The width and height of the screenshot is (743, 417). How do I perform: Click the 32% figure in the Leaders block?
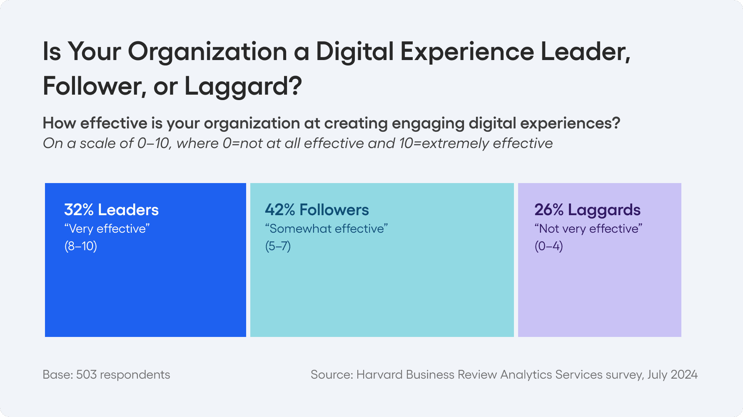(79, 210)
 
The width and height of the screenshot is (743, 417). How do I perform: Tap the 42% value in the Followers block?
(280, 210)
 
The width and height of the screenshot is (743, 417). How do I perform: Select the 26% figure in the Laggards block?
(549, 210)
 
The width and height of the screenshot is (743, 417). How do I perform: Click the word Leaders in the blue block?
(128, 210)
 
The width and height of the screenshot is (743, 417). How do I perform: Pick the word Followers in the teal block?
(334, 210)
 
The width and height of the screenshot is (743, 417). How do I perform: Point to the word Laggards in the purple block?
(604, 210)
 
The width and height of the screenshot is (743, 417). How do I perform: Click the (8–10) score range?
(81, 246)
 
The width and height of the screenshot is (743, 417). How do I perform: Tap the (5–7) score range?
(278, 246)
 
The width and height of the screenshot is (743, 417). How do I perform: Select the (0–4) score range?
(549, 246)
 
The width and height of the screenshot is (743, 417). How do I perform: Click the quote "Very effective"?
(107, 229)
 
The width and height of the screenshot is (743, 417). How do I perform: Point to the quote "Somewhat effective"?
(327, 229)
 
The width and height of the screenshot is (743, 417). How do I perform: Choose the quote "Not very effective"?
(588, 229)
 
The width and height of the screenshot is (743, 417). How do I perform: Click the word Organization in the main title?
(207, 52)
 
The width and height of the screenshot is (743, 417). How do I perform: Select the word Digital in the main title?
(355, 52)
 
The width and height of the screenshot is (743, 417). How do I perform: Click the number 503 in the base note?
(86, 374)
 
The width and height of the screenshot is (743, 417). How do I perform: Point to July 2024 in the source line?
(672, 374)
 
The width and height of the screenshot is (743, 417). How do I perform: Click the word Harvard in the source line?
(379, 374)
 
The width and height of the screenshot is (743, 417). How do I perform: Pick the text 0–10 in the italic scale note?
(153, 143)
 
